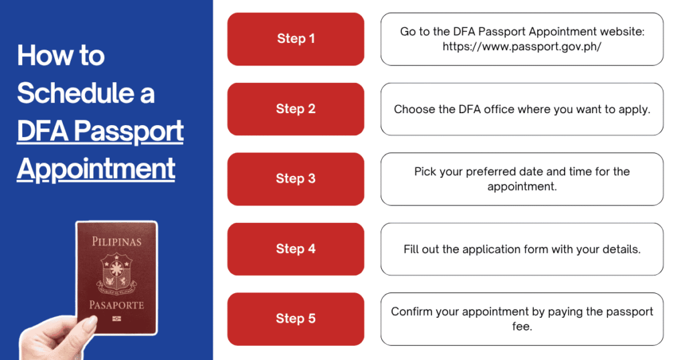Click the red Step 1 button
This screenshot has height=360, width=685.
[x=296, y=39]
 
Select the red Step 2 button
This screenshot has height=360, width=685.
[x=296, y=109]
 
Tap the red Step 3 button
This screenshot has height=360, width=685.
[x=296, y=179]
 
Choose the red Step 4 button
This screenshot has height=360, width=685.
[x=296, y=249]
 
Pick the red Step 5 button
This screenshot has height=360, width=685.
[x=296, y=319]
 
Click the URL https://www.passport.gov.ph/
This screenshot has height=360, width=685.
[x=522, y=46]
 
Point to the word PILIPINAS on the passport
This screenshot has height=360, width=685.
[x=116, y=242]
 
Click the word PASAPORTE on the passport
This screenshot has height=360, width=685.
[x=116, y=304]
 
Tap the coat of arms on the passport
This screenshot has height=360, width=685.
[x=116, y=273]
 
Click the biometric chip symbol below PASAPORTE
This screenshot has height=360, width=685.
[x=116, y=319]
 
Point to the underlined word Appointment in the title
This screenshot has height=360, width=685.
[x=96, y=169]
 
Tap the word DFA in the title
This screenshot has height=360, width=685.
[x=42, y=130]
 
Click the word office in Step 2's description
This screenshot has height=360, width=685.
[x=499, y=109]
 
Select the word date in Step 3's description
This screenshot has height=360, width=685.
[x=530, y=171]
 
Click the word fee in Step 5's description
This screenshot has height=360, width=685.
[x=521, y=327]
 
